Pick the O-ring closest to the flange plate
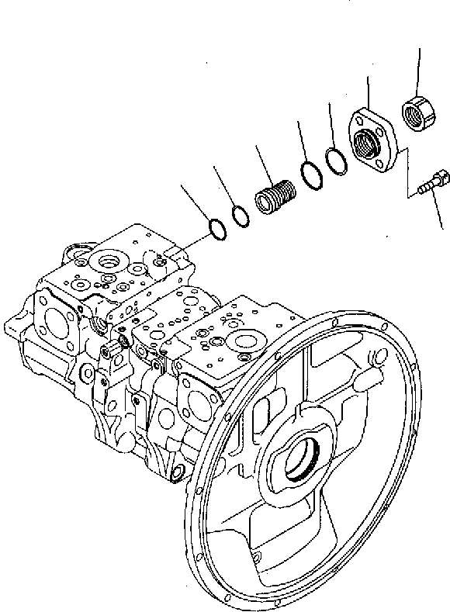click(x=336, y=161)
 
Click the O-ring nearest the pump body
click(x=217, y=229)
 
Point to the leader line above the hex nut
click(x=419, y=70)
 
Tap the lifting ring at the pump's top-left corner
click(x=78, y=250)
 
